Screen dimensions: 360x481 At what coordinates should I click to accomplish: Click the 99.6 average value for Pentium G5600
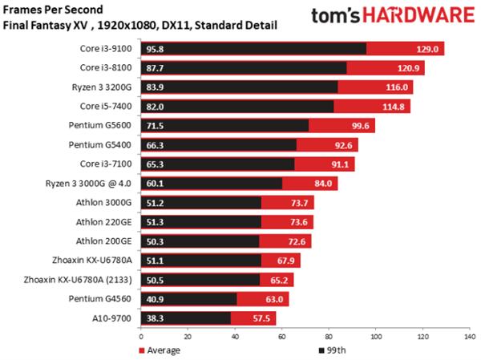359,125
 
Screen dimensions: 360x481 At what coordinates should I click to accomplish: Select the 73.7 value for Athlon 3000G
297,203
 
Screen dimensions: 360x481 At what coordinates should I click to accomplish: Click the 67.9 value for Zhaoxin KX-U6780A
285,260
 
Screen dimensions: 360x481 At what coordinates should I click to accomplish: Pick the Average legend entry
161,350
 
